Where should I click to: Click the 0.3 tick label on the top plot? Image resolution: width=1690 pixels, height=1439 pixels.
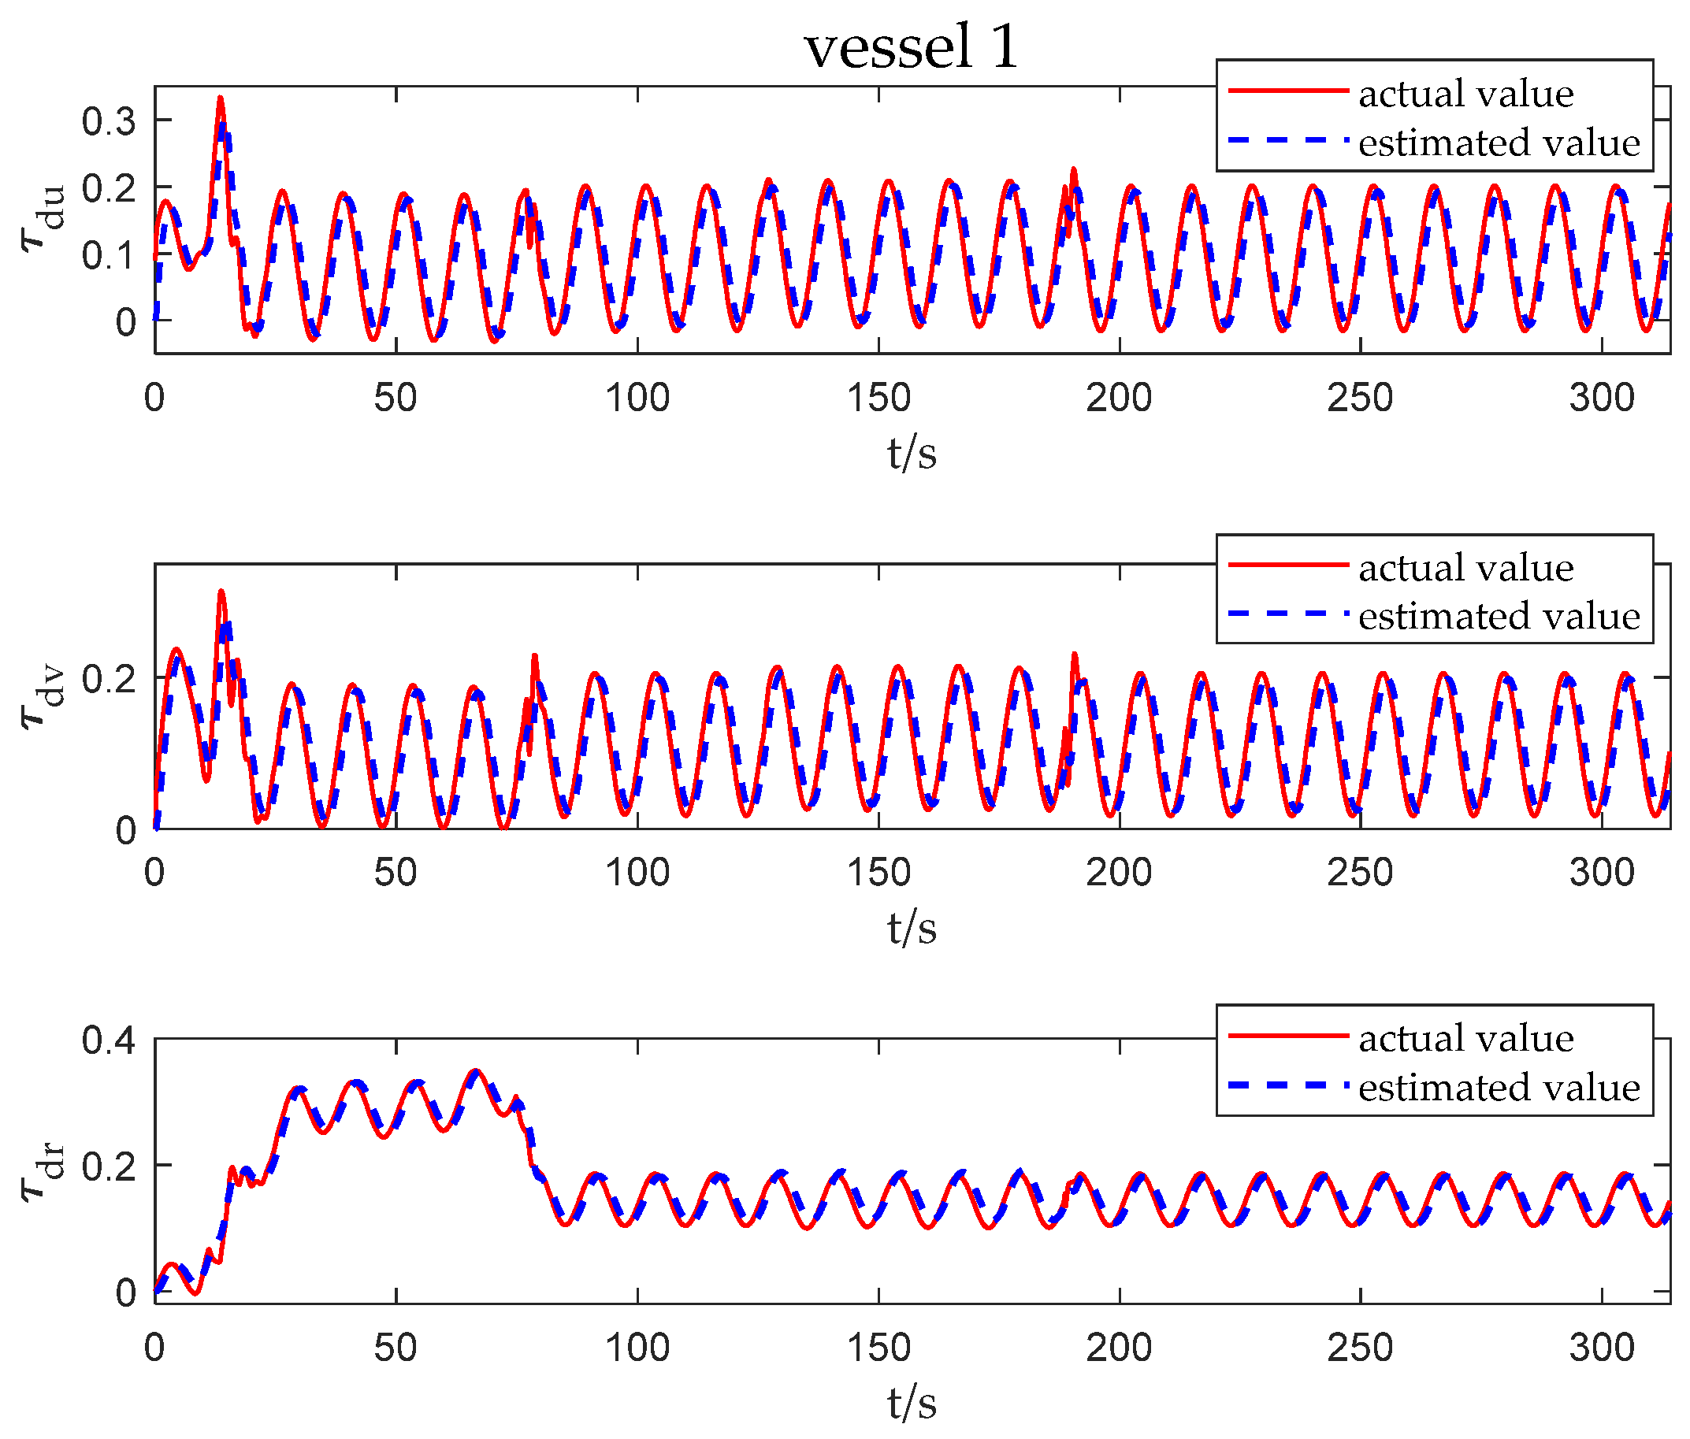[109, 121]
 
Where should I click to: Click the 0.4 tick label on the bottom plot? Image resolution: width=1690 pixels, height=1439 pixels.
[109, 1041]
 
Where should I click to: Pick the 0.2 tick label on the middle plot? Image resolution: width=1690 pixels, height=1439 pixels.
[109, 678]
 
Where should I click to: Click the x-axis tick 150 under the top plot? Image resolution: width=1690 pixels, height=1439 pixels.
[878, 398]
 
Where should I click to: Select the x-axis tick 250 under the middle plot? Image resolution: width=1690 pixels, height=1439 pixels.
[1360, 873]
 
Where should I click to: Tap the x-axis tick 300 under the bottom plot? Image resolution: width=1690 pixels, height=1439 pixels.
[1601, 1348]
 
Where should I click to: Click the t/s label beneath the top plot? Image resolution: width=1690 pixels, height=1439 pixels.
[911, 454]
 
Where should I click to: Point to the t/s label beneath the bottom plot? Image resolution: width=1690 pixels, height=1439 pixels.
[911, 1403]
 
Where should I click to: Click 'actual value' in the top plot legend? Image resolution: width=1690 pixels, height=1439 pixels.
[1465, 94]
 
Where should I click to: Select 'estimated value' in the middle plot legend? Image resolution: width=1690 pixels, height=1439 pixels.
[1499, 617]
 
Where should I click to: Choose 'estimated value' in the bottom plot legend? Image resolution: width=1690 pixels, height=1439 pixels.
[1499, 1088]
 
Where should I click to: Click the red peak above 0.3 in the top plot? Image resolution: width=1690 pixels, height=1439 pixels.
[221, 98]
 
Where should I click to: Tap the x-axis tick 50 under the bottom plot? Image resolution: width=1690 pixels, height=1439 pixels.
[396, 1348]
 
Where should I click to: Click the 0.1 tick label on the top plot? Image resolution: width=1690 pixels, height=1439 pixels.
[109, 255]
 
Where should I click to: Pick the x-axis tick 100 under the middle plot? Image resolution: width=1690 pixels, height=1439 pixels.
[637, 873]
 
